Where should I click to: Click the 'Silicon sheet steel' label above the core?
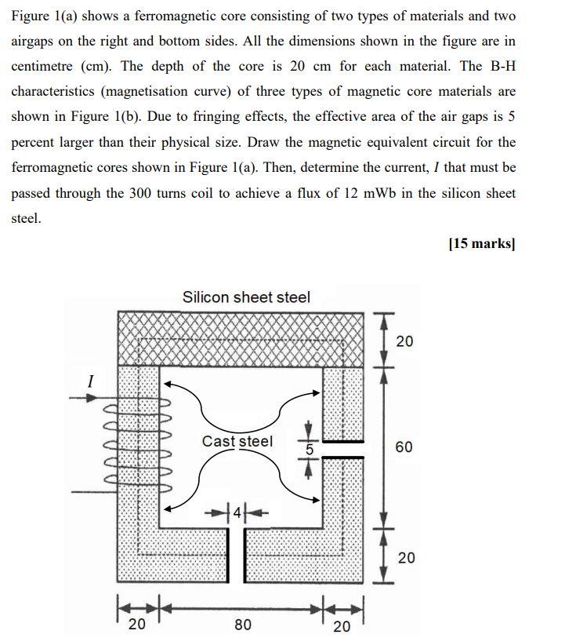click(x=246, y=297)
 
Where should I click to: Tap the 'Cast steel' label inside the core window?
click(x=237, y=441)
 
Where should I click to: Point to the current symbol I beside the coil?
click(x=91, y=382)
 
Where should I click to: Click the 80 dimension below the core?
click(x=243, y=625)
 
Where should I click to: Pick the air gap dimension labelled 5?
click(x=309, y=450)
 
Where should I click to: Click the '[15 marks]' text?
click(x=482, y=243)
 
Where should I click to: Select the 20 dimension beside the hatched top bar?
click(x=404, y=341)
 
